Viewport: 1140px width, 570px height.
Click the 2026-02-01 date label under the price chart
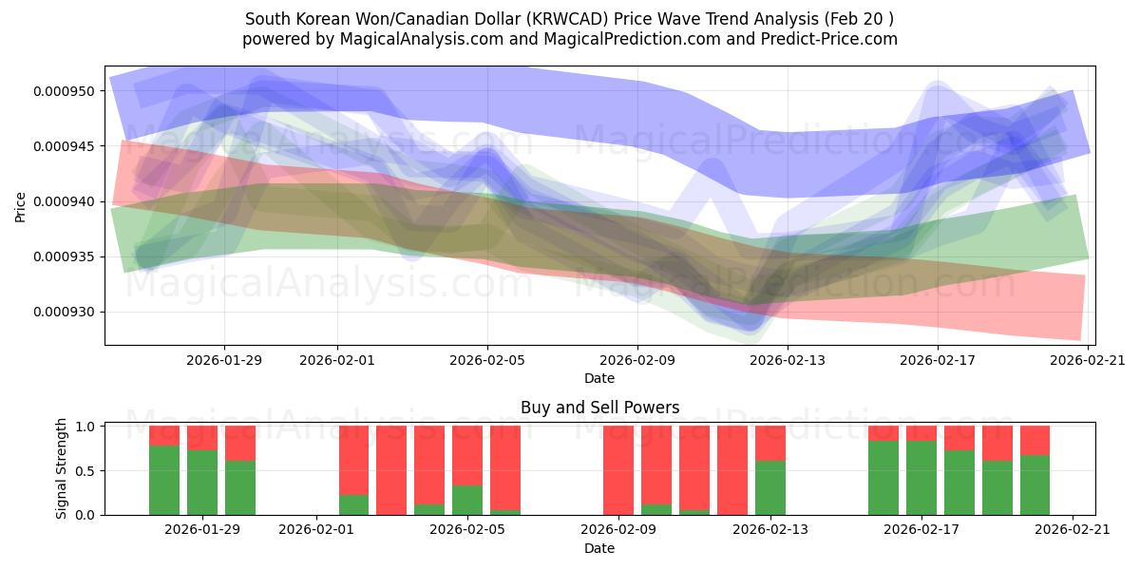coord(337,360)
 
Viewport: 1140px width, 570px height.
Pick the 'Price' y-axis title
coord(21,206)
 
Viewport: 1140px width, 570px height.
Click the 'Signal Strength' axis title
coord(62,468)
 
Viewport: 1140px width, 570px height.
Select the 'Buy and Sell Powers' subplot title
coord(599,408)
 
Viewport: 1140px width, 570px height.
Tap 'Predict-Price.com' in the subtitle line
coord(830,39)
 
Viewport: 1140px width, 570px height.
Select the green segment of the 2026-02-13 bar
coord(770,487)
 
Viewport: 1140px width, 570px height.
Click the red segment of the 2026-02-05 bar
coord(466,455)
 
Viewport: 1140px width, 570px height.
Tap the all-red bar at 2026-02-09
coord(618,470)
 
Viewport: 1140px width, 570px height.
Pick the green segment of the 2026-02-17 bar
coord(921,478)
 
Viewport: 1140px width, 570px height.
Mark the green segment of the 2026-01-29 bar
coord(202,483)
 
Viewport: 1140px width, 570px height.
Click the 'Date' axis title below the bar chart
coord(599,548)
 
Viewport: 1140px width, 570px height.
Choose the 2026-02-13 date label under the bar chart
coord(770,529)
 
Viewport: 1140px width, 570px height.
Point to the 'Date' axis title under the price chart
coord(599,378)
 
